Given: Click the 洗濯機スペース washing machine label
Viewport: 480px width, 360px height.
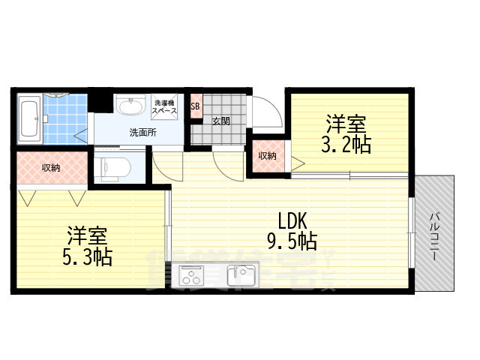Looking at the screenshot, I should [165, 107].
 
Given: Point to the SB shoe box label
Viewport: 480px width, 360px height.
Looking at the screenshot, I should [195, 106].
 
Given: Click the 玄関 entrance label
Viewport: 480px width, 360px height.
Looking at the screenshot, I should [220, 121].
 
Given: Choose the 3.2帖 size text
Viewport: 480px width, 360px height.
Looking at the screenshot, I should [346, 145].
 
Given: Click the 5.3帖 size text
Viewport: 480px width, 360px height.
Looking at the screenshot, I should [87, 257].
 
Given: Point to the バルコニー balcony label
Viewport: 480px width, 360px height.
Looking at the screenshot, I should [435, 235].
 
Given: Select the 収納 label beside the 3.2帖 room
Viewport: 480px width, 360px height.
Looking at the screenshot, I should [267, 156].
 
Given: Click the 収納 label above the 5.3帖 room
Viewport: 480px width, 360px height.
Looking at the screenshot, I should [51, 167].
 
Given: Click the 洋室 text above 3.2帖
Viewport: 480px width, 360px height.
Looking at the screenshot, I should [345, 122].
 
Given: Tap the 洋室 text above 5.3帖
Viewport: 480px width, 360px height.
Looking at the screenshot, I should [87, 235].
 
